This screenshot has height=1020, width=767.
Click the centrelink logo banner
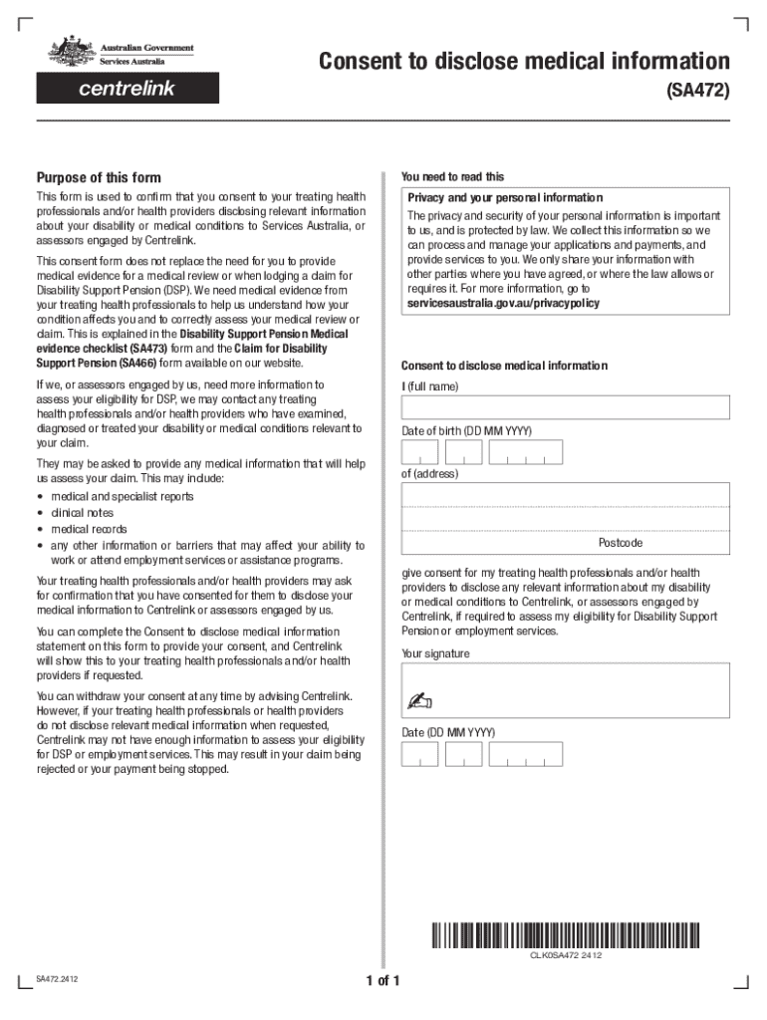coord(128,89)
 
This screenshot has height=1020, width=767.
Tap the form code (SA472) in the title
coord(697,92)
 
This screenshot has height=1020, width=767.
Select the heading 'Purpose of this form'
coord(99,178)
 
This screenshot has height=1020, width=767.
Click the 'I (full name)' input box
coord(565,407)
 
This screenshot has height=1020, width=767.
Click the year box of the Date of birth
coord(529,453)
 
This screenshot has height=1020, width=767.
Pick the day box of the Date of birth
coord(419,453)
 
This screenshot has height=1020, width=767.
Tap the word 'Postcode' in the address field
coord(620,543)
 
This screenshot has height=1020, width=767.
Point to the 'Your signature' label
coord(435,654)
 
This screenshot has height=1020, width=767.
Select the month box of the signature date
coord(464,755)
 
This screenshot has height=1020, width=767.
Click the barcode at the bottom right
coord(565,936)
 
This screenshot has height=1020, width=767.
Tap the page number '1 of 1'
coord(383,981)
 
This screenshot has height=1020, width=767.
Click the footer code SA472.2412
coord(58,979)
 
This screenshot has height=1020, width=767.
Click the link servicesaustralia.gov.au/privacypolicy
coord(504,303)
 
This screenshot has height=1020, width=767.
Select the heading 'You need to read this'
coord(452,176)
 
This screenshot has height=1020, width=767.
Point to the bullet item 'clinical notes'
coord(83,513)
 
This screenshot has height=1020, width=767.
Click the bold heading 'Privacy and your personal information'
coord(505,197)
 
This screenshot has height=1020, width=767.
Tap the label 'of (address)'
coord(429,474)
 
